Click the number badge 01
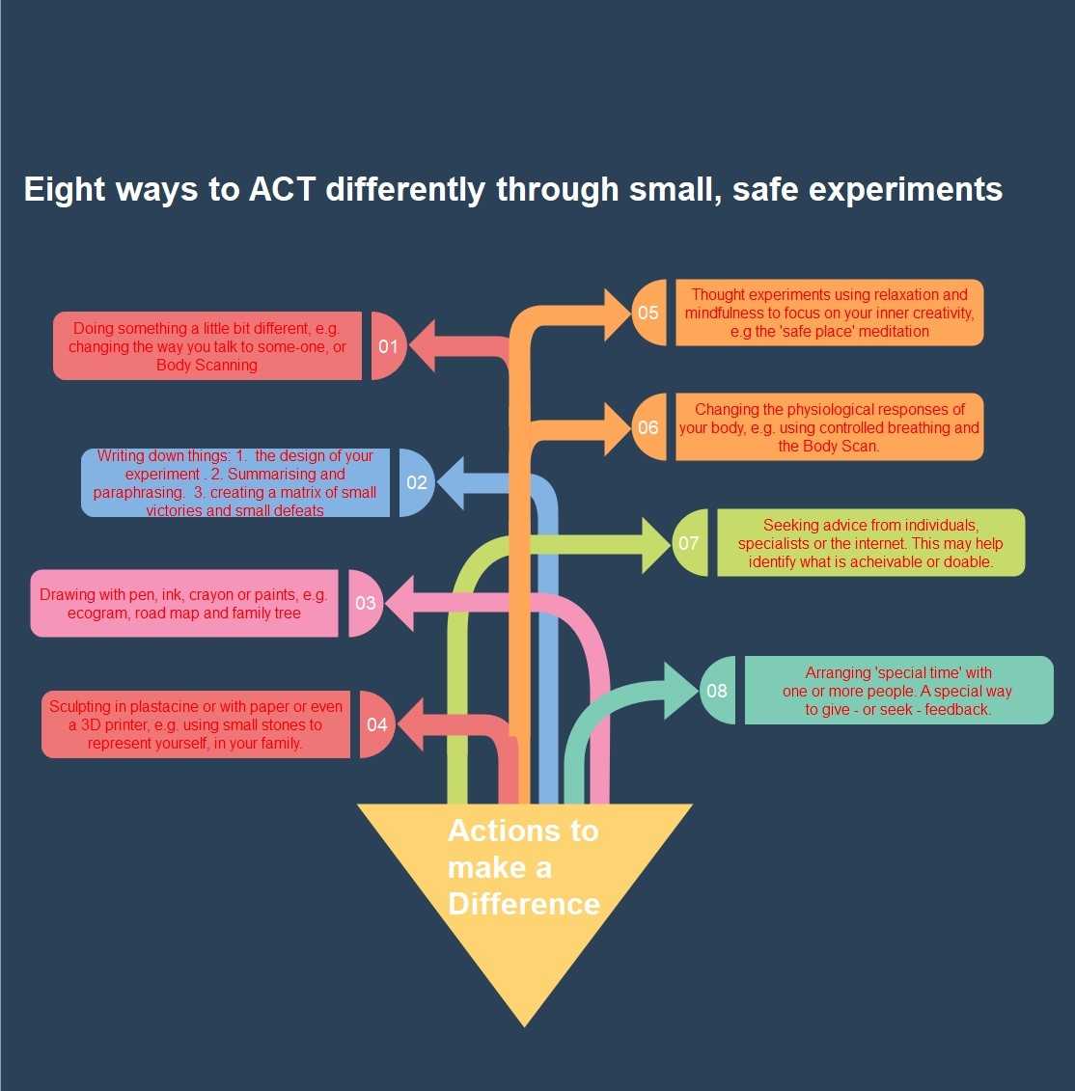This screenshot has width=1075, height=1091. coord(388,346)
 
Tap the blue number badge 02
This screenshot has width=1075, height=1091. coord(417,482)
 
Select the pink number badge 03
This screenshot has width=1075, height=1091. coord(366,603)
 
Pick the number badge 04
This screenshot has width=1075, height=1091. coord(376,724)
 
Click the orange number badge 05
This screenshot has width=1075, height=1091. coord(648,313)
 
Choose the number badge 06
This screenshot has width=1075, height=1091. coord(648,427)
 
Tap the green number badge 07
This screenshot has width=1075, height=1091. coord(689,543)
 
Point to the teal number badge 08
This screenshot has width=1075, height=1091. coord(717,691)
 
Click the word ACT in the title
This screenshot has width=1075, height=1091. coord(282,189)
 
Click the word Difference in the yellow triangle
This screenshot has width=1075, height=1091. coord(524,904)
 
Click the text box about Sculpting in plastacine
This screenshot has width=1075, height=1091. coord(196,724)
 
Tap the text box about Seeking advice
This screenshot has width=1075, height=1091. coord(870,543)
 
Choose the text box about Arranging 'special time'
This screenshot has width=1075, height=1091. coord(898,691)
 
